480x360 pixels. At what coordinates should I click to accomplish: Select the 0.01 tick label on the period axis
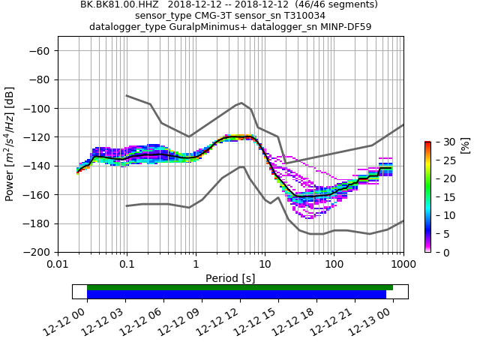[58, 265]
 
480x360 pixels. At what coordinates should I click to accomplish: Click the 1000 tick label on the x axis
[403, 265]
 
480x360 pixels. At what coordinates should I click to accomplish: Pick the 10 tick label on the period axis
[265, 265]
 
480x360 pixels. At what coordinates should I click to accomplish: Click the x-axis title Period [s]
[230, 278]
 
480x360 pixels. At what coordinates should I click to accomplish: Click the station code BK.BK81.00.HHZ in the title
[121, 4]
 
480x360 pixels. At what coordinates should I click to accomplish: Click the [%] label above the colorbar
[464, 145]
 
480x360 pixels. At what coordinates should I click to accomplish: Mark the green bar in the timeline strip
[240, 287]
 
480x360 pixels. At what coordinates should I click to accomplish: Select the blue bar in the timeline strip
[236, 295]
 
